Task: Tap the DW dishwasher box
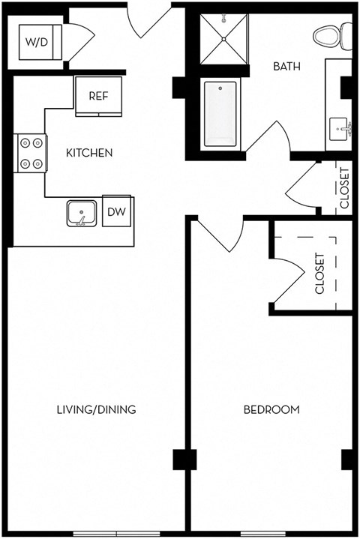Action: click(x=116, y=212)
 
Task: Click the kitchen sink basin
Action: click(x=80, y=213)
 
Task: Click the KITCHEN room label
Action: click(x=89, y=153)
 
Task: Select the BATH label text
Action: click(x=286, y=66)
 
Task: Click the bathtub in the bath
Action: click(x=220, y=115)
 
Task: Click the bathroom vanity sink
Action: click(x=342, y=129)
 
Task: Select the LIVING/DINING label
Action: click(x=96, y=409)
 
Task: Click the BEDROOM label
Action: click(x=271, y=409)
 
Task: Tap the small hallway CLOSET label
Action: click(x=344, y=187)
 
